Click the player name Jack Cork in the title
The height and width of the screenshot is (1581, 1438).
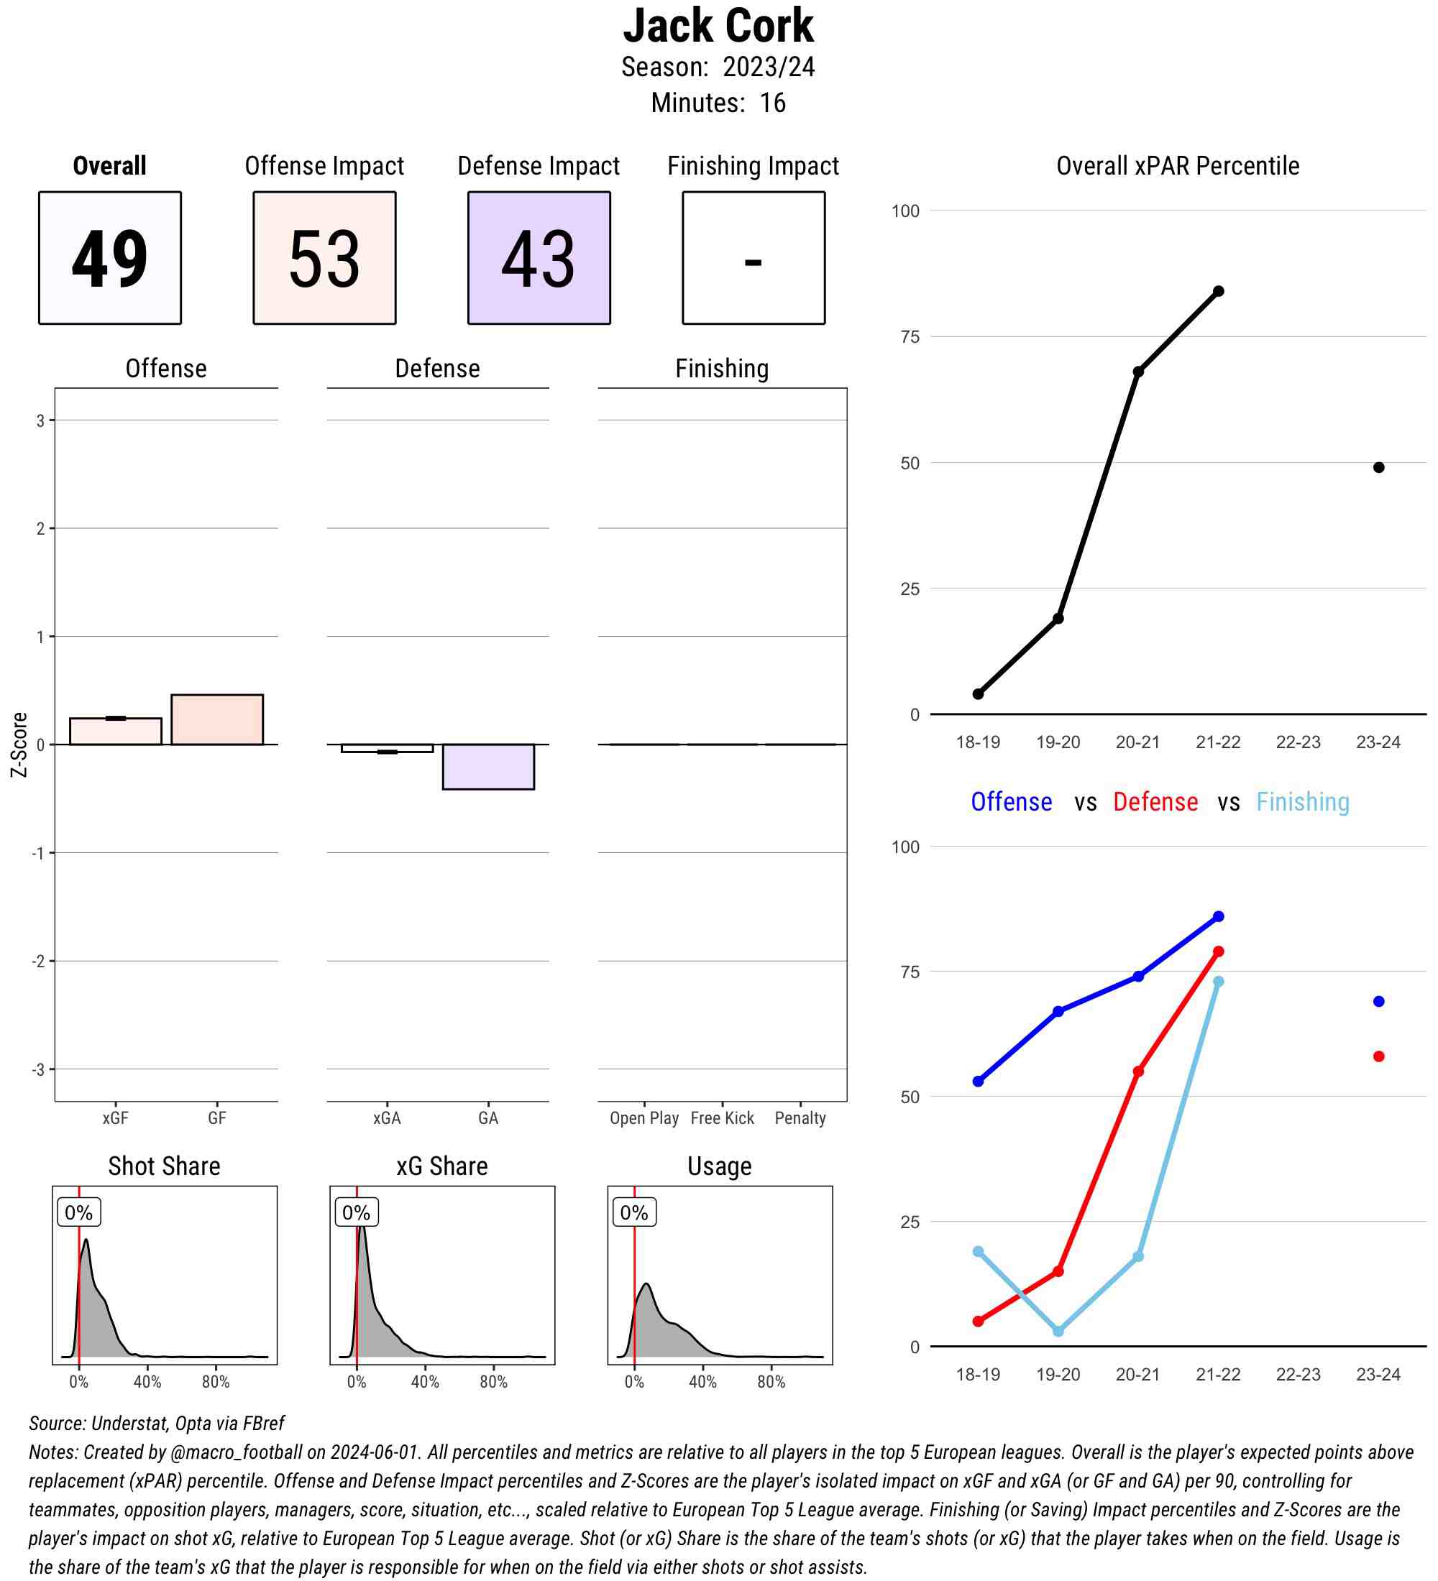coord(718,26)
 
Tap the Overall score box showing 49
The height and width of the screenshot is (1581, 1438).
coord(110,257)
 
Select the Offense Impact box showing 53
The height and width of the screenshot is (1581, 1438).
coord(324,257)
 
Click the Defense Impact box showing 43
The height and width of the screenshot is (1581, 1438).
coord(539,257)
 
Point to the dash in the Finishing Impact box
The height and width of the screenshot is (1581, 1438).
coord(753,261)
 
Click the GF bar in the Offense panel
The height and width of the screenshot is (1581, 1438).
coord(217,719)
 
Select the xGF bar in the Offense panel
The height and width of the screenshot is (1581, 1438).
coord(115,731)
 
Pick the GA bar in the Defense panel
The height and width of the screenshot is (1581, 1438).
coord(488,766)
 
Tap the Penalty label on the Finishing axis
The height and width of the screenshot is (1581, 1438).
coord(800,1118)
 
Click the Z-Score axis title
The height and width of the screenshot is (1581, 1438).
coord(19,745)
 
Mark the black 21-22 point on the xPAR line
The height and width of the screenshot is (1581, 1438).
coord(1218,292)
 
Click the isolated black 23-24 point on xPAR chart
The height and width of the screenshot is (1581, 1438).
coord(1378,467)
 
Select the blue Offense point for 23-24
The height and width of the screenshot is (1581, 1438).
coord(1378,1002)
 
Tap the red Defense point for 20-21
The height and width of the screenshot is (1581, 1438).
coord(1138,1071)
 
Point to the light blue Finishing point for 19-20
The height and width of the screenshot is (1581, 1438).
coord(1058,1331)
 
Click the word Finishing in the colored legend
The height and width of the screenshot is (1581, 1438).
coord(1302,802)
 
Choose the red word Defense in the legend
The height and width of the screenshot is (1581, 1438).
coord(1155,802)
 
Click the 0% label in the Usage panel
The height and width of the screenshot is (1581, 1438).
coord(634,1212)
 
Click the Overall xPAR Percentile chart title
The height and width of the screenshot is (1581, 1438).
coord(1178,166)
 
